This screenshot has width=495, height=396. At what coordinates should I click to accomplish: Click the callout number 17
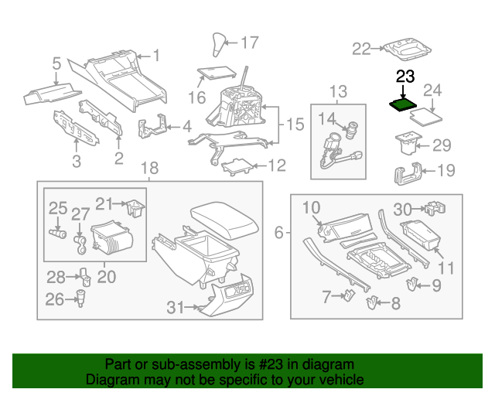point(251,43)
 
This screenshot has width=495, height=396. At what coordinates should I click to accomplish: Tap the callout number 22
point(362,49)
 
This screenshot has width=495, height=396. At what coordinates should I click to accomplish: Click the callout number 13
point(338,93)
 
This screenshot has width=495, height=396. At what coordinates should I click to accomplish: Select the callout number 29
point(441,145)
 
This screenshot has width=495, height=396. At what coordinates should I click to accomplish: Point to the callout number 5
point(56,64)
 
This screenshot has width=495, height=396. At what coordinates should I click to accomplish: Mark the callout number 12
point(276,165)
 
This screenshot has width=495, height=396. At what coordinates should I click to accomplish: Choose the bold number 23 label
point(405,76)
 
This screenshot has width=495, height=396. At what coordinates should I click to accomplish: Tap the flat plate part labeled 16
point(216,73)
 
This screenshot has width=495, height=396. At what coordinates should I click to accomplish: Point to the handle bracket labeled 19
point(408,173)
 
